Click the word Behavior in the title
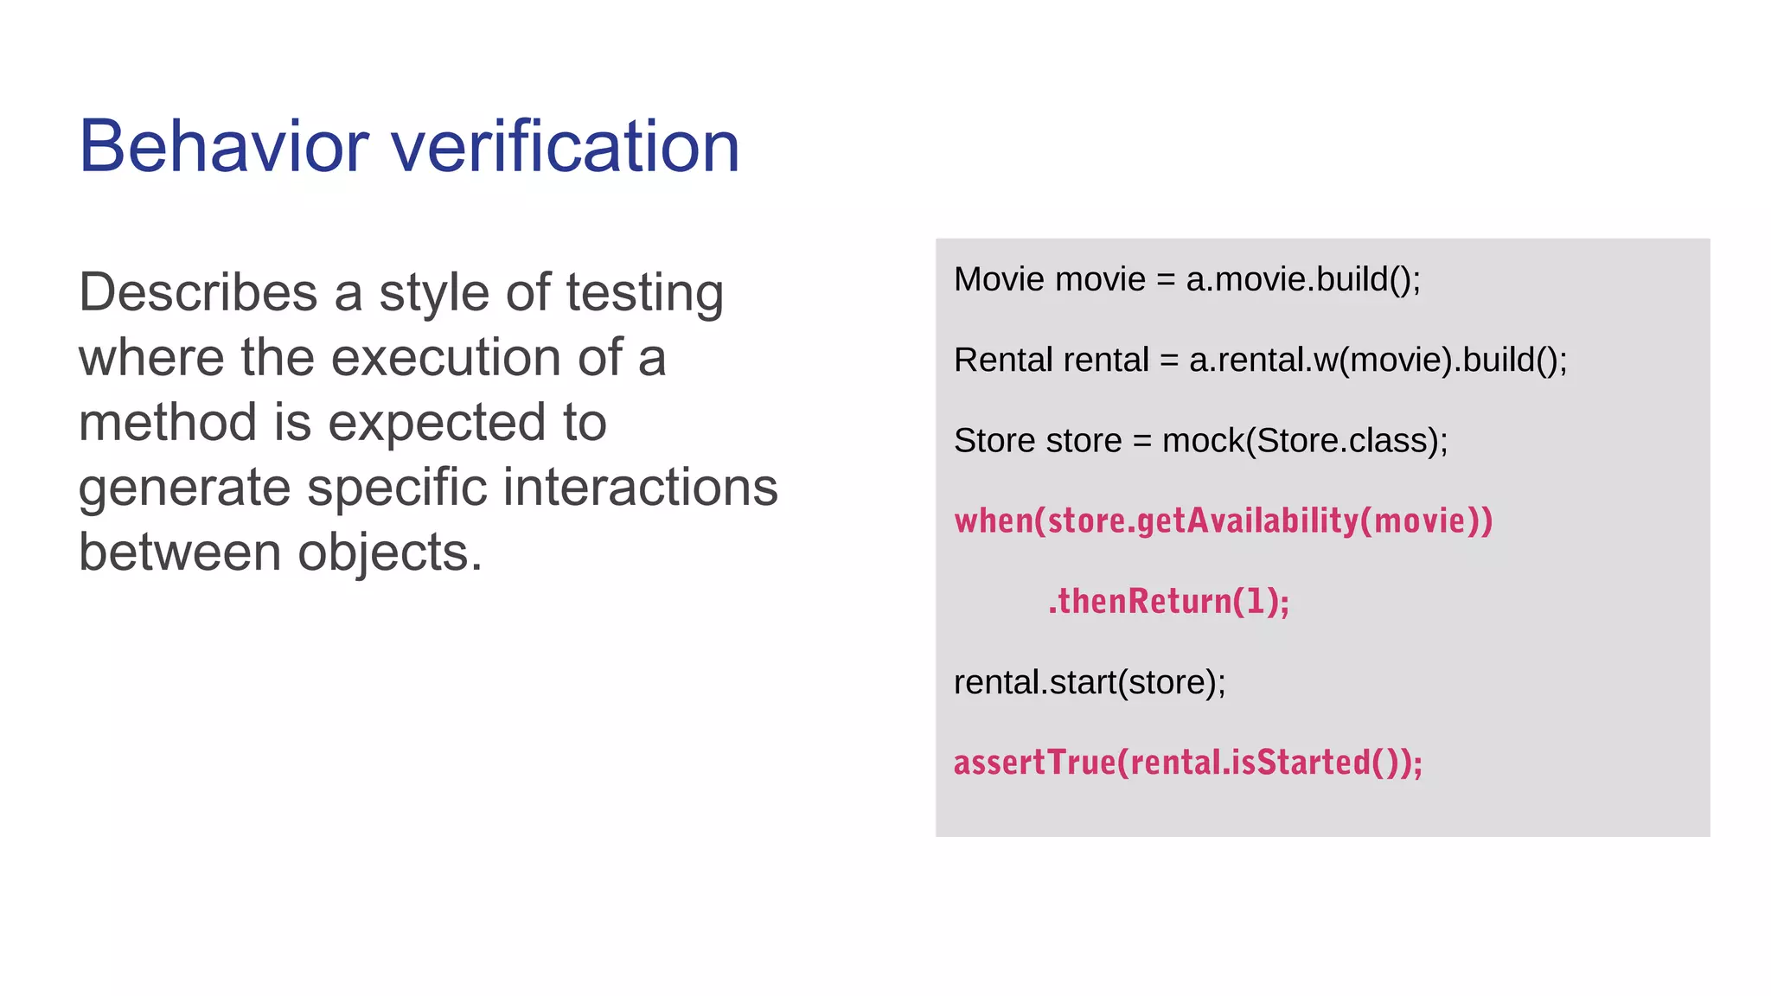click(x=224, y=146)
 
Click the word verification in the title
click(x=566, y=146)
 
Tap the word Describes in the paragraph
click(x=198, y=292)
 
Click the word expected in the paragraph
click(x=437, y=424)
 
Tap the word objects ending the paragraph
click(x=389, y=552)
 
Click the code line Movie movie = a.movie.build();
click(x=1186, y=279)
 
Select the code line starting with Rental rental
click(x=1260, y=360)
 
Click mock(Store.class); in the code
click(x=1304, y=441)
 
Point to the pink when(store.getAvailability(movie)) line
click(x=1223, y=520)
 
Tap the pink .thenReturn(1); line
click(x=1168, y=601)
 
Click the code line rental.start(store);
click(x=1089, y=682)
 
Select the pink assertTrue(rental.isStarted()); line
click(x=1187, y=763)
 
